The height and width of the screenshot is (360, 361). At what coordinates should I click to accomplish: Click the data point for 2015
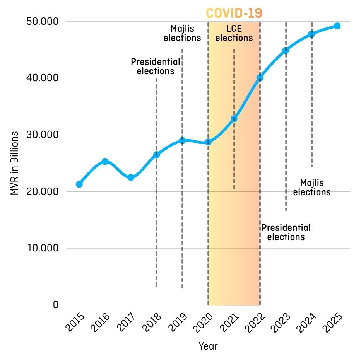click(79, 184)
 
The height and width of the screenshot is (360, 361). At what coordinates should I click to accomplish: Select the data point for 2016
click(105, 161)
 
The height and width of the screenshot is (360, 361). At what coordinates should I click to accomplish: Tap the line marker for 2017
click(131, 177)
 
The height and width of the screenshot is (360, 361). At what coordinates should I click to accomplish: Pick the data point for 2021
click(234, 119)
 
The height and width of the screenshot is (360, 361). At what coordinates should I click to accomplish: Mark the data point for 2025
click(337, 26)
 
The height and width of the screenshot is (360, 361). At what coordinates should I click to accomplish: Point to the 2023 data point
click(286, 50)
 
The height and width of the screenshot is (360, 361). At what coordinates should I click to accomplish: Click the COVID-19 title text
click(234, 13)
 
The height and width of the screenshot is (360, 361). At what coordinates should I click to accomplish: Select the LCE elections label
click(234, 33)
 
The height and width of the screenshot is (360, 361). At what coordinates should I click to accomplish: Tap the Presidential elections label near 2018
click(156, 67)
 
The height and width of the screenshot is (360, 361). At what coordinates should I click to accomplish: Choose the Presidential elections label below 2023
click(286, 232)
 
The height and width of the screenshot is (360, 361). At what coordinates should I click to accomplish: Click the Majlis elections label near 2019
click(182, 33)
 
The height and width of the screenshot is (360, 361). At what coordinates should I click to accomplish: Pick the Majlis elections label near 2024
click(312, 188)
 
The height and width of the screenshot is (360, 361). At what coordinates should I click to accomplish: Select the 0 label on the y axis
click(56, 305)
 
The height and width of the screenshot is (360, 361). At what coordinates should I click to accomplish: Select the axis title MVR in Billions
click(15, 163)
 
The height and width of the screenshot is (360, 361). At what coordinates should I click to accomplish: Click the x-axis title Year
click(208, 346)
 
